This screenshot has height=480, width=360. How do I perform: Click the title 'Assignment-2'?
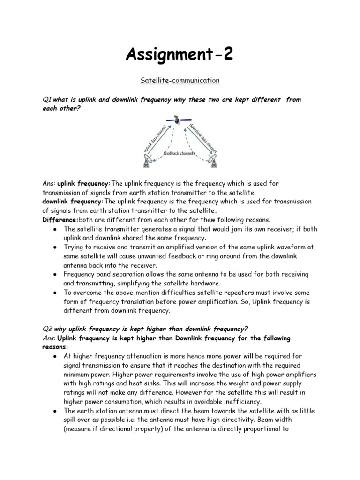180,55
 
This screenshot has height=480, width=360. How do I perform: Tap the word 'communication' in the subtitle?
195,81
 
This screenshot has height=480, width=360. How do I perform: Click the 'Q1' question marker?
47,99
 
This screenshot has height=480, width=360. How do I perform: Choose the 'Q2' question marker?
47,329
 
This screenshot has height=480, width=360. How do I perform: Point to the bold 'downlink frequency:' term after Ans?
72,201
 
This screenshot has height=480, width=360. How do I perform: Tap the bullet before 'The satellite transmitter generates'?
55,229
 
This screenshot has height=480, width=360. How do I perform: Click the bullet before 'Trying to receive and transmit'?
55,247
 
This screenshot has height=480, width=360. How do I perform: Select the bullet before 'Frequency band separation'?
55,275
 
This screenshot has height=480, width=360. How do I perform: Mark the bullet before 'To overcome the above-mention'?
55,293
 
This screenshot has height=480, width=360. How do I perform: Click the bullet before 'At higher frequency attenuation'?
55,356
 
